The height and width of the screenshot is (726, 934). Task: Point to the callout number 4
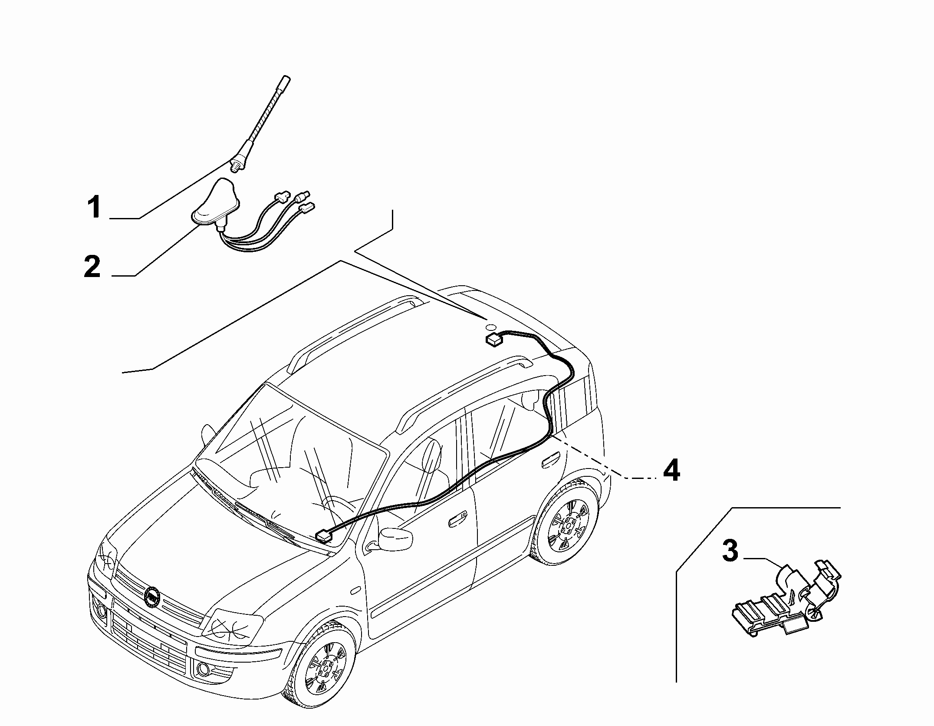pyautogui.click(x=671, y=470)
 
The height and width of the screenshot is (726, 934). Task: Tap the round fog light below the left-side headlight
pyautogui.click(x=102, y=612)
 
